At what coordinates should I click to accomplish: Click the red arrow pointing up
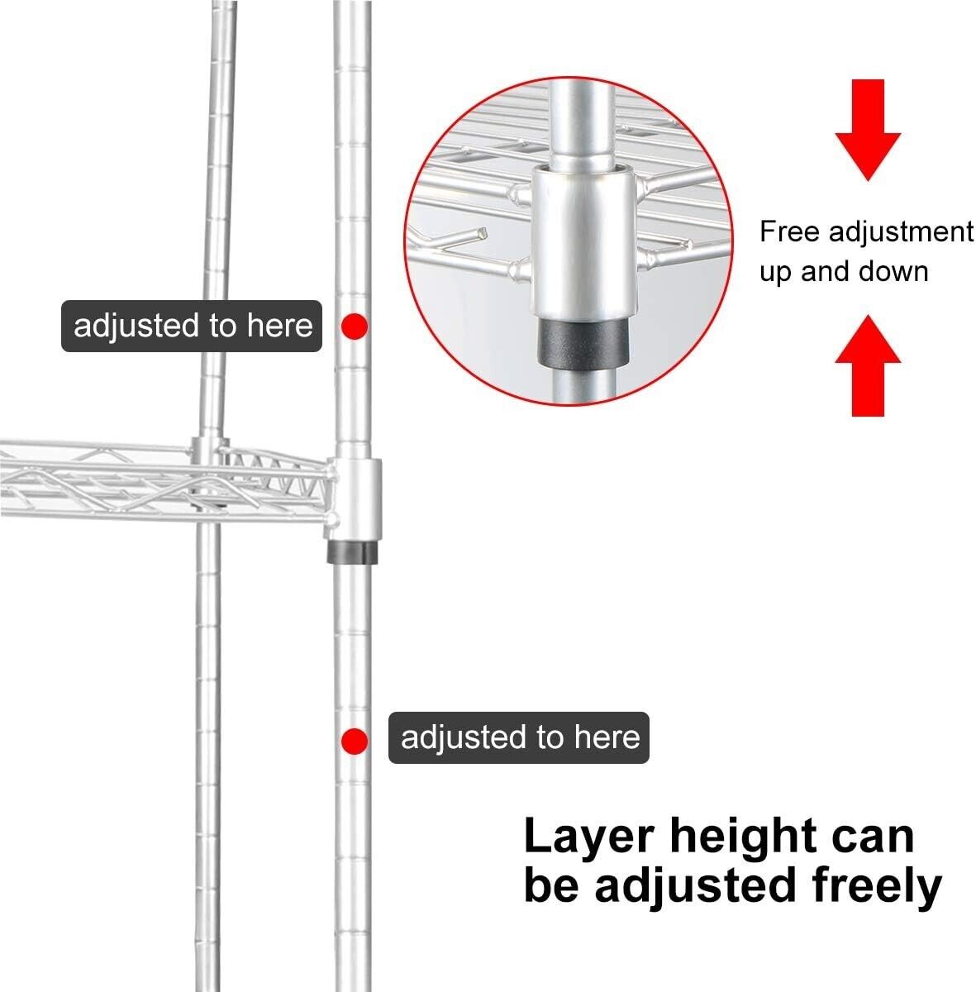pos(868,365)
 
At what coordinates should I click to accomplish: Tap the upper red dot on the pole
pos(355,326)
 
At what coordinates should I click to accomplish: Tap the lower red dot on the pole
pos(355,741)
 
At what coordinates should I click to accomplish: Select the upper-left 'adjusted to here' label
pos(192,326)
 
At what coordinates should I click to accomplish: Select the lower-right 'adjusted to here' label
pos(519,737)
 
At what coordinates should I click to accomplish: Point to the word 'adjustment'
pos(901,232)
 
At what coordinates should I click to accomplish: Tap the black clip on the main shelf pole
pos(353,552)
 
